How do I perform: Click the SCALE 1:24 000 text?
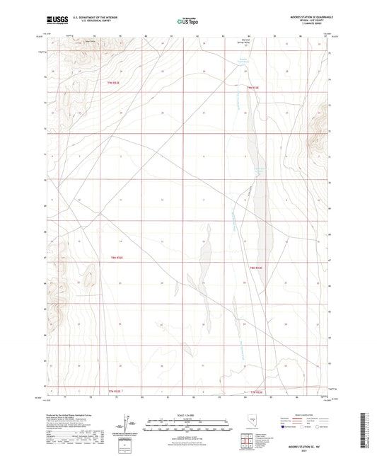187,414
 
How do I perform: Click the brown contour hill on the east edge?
326,117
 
